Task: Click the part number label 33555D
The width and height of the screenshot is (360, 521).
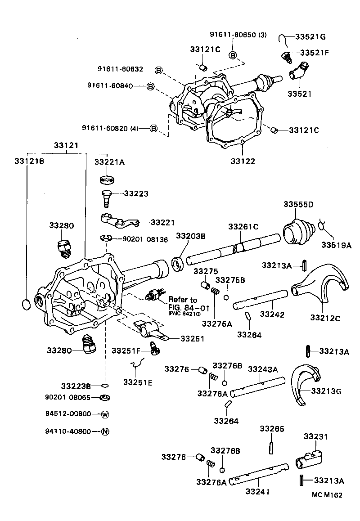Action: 298,204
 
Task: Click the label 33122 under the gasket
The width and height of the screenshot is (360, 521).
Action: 243,161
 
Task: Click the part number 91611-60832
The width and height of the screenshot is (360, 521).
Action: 121,69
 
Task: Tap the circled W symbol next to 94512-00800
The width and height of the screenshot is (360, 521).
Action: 105,414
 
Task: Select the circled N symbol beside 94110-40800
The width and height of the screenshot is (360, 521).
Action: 105,431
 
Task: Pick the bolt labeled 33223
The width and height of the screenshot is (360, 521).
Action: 106,197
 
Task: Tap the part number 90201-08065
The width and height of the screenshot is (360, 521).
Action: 67,397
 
